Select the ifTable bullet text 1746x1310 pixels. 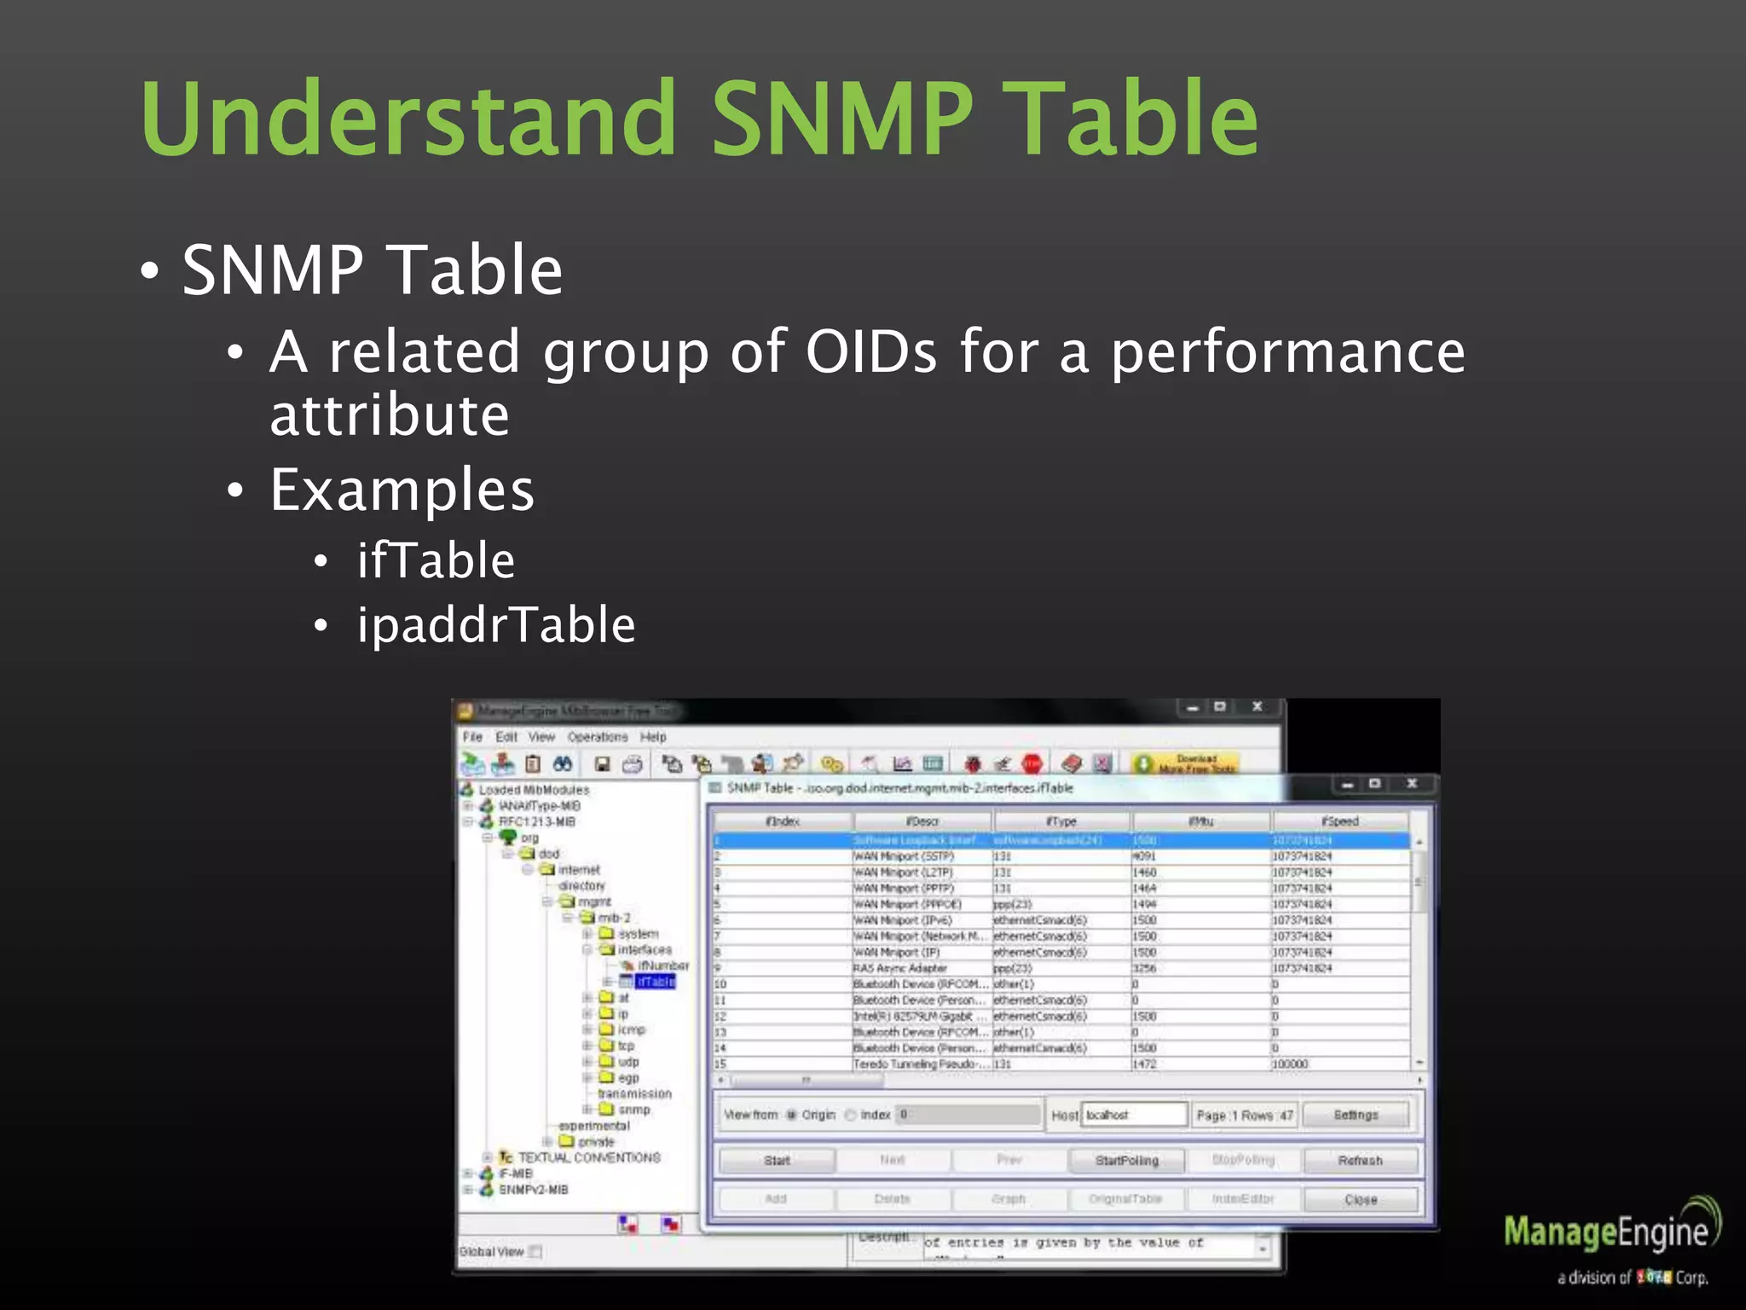point(436,560)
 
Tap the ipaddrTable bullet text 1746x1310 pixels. point(496,625)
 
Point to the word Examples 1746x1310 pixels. point(402,490)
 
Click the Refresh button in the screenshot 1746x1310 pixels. point(1360,1161)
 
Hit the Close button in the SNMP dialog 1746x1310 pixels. point(1360,1200)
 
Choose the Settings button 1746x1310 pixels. point(1356,1115)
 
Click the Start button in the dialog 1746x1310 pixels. point(777,1161)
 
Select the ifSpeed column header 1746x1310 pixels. point(1339,821)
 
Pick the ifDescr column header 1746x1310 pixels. point(922,821)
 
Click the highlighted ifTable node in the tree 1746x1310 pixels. point(656,982)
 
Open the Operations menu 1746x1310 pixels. point(597,737)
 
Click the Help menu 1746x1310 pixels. point(653,737)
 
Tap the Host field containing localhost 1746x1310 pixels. point(1133,1115)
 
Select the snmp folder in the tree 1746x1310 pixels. point(633,1110)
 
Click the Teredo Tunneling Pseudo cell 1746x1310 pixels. point(920,1064)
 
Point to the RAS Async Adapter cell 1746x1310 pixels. point(900,968)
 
